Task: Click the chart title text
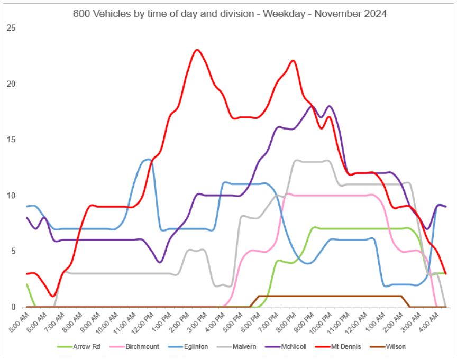click(x=230, y=14)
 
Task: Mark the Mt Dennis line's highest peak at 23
click(x=197, y=50)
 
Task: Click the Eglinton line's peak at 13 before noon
click(x=148, y=160)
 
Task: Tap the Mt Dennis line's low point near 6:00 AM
click(x=52, y=296)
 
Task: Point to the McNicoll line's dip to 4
click(x=160, y=262)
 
